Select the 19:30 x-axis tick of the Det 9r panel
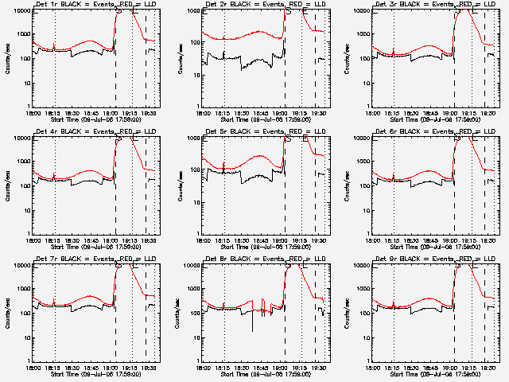click(488, 368)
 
